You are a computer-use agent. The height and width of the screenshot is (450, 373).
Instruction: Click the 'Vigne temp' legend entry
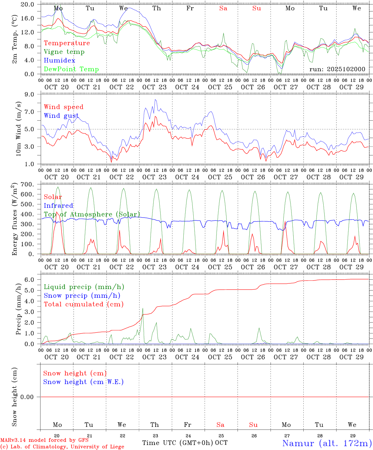point(64,52)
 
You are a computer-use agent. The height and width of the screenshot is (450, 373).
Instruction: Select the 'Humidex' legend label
point(59,61)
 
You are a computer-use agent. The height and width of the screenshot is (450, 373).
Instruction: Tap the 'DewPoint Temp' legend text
point(71,69)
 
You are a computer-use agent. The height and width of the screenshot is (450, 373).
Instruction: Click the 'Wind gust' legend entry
point(61,116)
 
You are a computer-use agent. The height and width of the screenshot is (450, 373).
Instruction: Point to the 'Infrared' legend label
point(58,206)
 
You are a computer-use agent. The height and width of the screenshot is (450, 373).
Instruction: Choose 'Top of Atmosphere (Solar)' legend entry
point(92,214)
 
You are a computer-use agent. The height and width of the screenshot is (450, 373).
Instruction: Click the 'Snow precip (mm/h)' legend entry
point(82,296)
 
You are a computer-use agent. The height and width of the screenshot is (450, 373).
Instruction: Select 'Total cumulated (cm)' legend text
point(83,304)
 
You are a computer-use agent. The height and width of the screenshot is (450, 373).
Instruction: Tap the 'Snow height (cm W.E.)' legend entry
point(83,382)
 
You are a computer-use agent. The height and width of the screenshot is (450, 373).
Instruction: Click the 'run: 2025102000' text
point(337,69)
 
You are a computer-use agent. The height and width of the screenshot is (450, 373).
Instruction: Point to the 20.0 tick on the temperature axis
point(27,4)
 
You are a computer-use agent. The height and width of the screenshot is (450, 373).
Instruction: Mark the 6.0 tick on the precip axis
point(29,280)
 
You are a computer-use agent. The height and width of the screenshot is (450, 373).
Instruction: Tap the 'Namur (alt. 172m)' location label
point(327,443)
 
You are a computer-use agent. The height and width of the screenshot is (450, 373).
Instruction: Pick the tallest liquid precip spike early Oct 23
point(143,309)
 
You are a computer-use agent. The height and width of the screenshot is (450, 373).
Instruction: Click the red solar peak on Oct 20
point(57,212)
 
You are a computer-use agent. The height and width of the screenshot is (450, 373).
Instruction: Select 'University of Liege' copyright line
point(62,447)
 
